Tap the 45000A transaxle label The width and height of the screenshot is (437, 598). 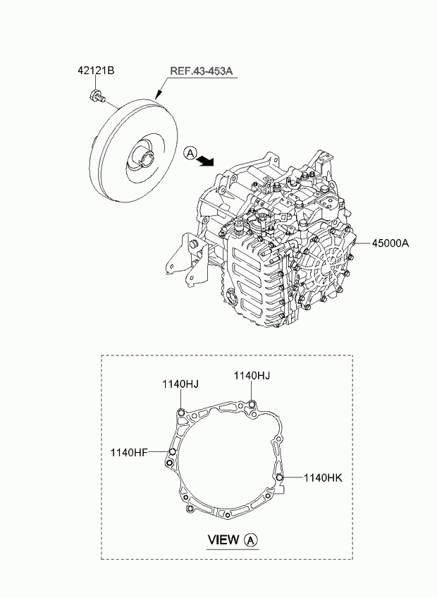(x=390, y=243)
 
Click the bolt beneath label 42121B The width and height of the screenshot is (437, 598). (x=97, y=95)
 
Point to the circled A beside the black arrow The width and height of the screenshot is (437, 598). (x=190, y=153)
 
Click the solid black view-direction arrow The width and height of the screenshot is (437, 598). (x=206, y=160)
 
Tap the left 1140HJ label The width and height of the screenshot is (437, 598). (x=180, y=384)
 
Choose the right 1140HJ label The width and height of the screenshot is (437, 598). (x=252, y=376)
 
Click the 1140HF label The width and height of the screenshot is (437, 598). (x=129, y=453)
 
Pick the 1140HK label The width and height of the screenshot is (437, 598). (x=323, y=477)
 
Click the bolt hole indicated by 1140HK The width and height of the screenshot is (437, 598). (x=280, y=477)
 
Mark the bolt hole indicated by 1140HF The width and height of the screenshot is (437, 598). (x=173, y=452)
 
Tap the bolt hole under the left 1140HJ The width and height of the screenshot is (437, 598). (x=181, y=413)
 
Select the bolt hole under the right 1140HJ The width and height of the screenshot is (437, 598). (x=252, y=404)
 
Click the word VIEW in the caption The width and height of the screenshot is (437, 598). (x=223, y=539)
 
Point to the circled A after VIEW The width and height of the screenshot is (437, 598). (x=251, y=540)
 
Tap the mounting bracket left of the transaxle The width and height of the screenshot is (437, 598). (x=187, y=260)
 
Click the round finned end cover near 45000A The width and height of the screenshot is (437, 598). (x=327, y=265)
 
